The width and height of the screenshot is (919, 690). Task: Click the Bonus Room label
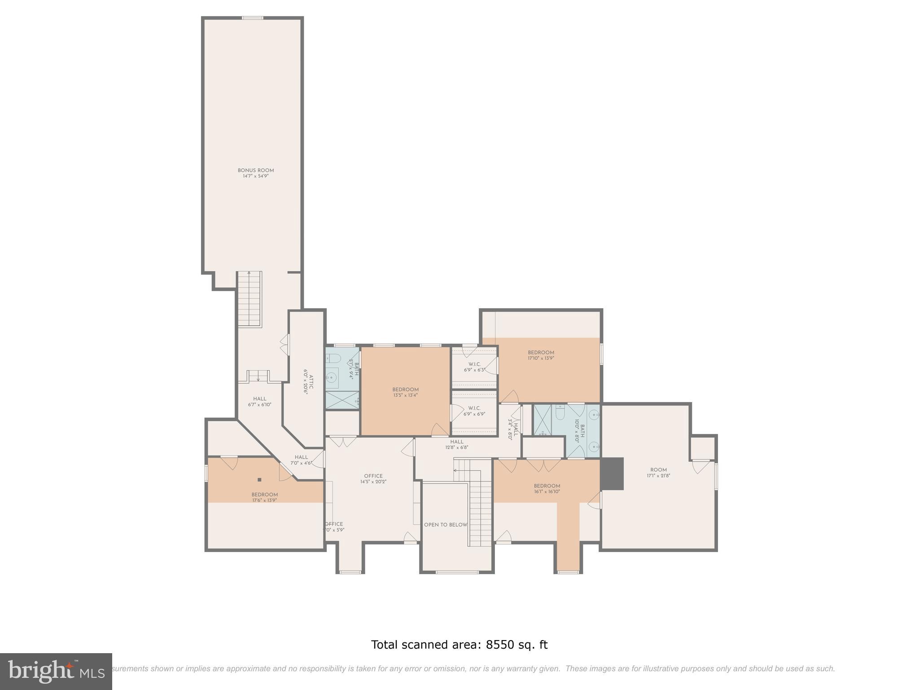tap(256, 170)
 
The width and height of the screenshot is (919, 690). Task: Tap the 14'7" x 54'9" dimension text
tap(256, 176)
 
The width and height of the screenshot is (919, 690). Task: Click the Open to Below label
tap(446, 525)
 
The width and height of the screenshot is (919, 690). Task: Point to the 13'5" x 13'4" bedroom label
tap(405, 392)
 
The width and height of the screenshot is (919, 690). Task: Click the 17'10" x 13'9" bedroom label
tap(541, 355)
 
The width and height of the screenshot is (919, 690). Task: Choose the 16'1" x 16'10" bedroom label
tap(547, 488)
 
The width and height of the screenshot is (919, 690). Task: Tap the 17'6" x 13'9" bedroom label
tap(264, 497)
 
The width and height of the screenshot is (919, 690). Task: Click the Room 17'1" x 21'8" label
tap(658, 473)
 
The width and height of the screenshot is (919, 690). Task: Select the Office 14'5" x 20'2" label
tap(373, 478)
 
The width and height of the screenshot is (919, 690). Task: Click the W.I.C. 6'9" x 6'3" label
tap(474, 367)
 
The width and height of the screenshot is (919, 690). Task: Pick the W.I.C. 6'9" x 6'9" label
tap(474, 411)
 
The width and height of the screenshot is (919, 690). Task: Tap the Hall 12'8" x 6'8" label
tap(457, 444)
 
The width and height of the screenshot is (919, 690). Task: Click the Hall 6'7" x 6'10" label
tap(259, 402)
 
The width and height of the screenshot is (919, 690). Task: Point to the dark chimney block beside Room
tap(612, 473)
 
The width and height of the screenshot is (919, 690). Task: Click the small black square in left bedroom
tap(259, 479)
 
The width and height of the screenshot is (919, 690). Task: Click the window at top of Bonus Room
tap(252, 18)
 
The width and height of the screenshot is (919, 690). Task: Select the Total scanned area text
tap(459, 645)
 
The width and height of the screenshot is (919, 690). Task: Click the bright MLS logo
tap(56, 671)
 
